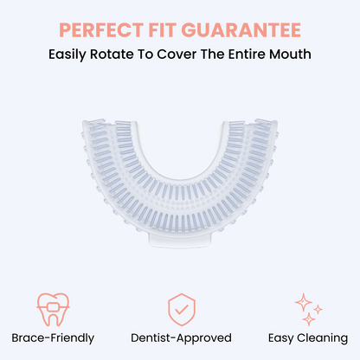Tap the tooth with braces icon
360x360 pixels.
click(x=53, y=308)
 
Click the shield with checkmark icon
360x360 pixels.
click(x=179, y=308)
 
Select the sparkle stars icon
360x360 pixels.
click(x=307, y=308)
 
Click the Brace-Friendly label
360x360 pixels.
click(x=53, y=337)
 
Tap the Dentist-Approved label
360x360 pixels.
click(x=179, y=337)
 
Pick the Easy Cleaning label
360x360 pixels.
click(x=307, y=337)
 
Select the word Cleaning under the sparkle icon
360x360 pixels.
click(x=322, y=337)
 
